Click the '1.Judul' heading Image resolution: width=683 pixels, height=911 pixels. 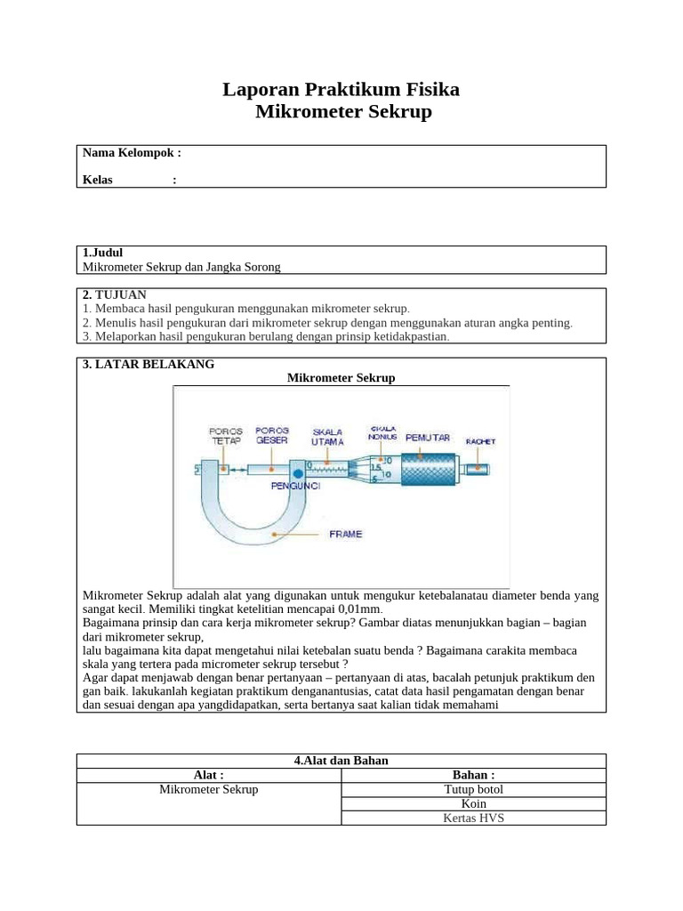(x=103, y=253)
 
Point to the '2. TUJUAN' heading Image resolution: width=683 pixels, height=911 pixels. (x=115, y=294)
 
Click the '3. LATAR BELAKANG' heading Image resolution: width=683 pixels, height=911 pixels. (x=149, y=364)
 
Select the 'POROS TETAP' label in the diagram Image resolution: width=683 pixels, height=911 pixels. (x=226, y=435)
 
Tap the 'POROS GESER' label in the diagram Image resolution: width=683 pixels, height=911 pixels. (x=271, y=435)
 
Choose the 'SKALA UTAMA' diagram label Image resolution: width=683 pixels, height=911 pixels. (x=327, y=438)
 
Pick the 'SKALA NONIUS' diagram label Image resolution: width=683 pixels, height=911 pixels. (x=382, y=432)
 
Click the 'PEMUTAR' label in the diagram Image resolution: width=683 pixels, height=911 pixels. (x=428, y=438)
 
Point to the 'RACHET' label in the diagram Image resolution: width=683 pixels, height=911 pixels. (x=480, y=440)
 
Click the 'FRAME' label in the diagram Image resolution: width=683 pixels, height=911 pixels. (x=345, y=534)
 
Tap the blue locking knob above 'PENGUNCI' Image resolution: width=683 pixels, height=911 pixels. (x=296, y=472)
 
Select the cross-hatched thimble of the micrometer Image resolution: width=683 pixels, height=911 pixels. (x=429, y=467)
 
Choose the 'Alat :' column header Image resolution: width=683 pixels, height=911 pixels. (x=209, y=775)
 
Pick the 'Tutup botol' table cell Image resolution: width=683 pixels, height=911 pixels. (x=473, y=789)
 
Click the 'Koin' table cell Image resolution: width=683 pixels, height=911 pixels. (x=473, y=803)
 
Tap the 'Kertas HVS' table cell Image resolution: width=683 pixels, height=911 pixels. (x=473, y=818)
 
